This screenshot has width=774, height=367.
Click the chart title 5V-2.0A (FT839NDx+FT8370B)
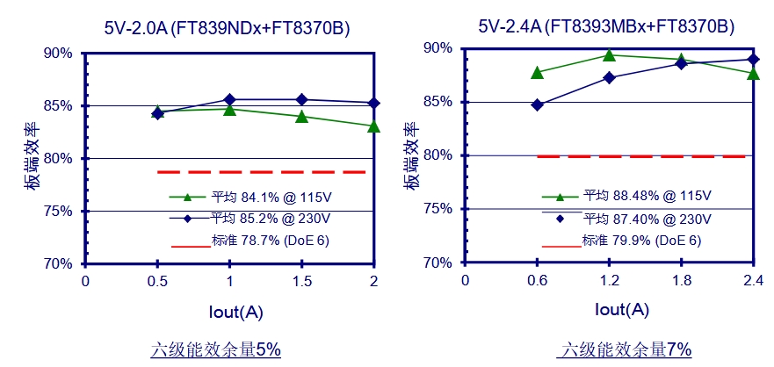click(x=227, y=28)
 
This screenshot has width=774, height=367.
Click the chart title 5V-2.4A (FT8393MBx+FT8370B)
click(x=606, y=27)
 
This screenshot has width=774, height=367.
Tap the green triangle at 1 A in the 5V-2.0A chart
click(x=229, y=109)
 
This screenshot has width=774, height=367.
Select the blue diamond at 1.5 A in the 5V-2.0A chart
click(x=301, y=99)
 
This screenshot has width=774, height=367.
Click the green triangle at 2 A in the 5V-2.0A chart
click(x=373, y=126)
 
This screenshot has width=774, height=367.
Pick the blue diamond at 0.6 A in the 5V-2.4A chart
click(x=538, y=104)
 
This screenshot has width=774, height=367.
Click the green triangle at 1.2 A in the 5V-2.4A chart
click(x=609, y=55)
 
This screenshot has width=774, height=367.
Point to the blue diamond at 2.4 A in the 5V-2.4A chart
click(x=752, y=60)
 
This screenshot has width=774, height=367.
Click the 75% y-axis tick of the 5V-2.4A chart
click(x=438, y=209)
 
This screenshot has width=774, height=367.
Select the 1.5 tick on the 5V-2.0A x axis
click(x=301, y=280)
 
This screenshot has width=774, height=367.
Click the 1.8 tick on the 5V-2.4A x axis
click(x=680, y=280)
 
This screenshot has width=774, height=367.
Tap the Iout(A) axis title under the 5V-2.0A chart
click(x=229, y=311)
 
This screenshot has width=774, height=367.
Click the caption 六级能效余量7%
click(x=625, y=349)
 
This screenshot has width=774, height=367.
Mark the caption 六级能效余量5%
click(x=215, y=349)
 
